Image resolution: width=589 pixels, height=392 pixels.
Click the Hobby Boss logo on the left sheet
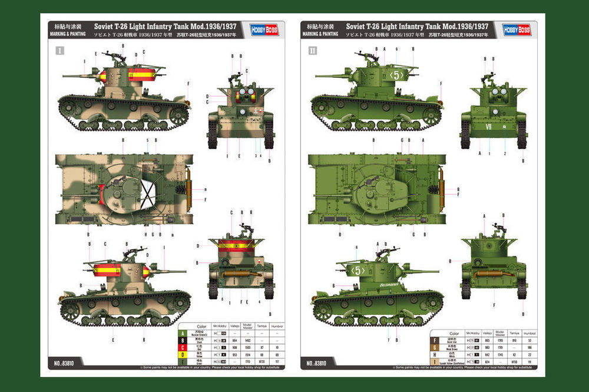[264, 29]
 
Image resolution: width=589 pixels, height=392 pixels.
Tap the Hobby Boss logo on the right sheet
[517, 29]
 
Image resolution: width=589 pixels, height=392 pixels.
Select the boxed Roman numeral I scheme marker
[59, 51]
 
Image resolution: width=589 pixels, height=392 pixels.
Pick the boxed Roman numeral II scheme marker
[312, 51]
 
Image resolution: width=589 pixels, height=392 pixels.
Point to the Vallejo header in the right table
[487, 332]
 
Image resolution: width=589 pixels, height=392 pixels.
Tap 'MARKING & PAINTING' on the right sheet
[320, 34]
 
